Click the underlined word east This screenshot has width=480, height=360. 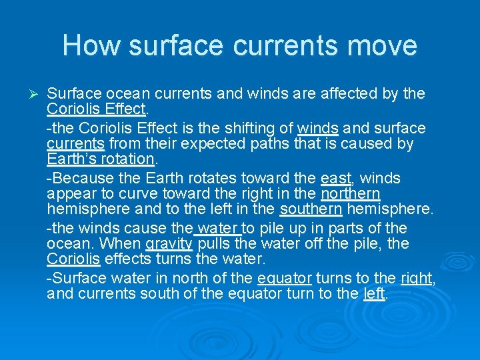coord(335,178)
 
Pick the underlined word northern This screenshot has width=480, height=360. coord(350,194)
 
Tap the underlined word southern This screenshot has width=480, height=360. coord(311,210)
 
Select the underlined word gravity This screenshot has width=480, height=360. coord(169,244)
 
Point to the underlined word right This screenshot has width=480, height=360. coord(416,278)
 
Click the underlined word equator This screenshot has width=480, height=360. coord(284,278)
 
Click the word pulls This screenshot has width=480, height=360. coord(213,244)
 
